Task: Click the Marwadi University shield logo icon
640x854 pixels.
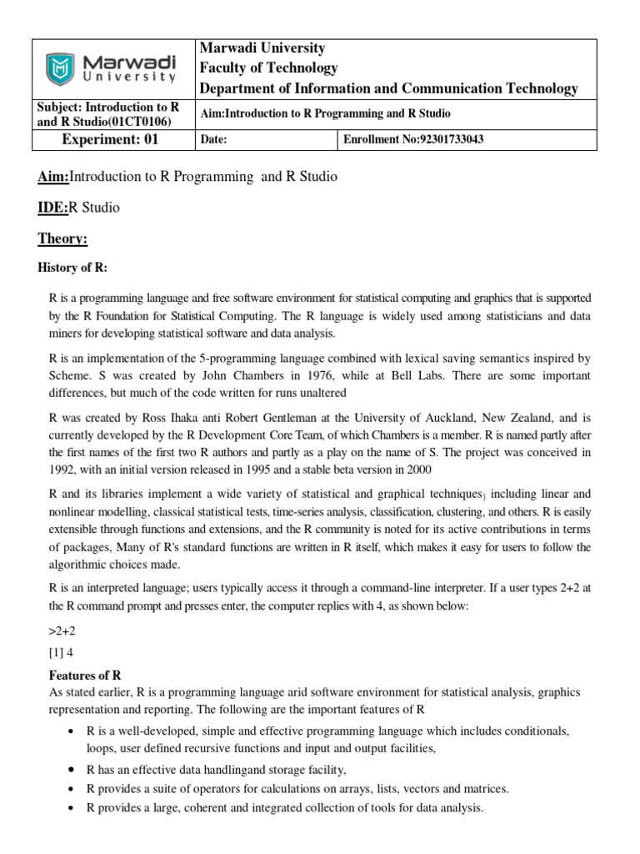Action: click(60, 68)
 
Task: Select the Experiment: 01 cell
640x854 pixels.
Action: click(110, 139)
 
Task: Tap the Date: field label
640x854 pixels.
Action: click(215, 140)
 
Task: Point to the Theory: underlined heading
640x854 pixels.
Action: click(62, 239)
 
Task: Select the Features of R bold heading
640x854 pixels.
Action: click(86, 674)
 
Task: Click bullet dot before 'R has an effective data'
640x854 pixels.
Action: click(68, 770)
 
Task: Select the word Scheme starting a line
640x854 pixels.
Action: click(70, 375)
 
